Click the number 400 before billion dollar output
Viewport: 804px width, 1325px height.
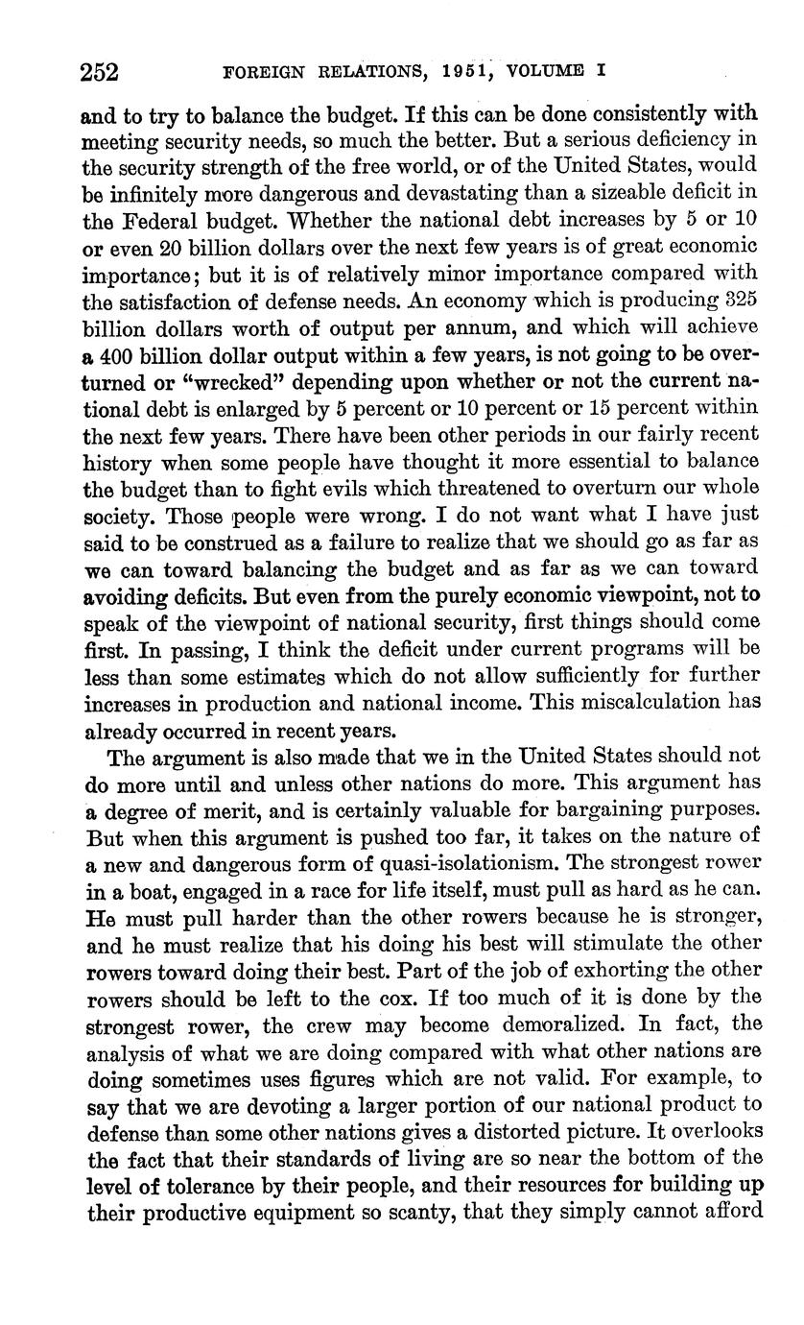(121, 354)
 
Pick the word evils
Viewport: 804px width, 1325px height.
(339, 488)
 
